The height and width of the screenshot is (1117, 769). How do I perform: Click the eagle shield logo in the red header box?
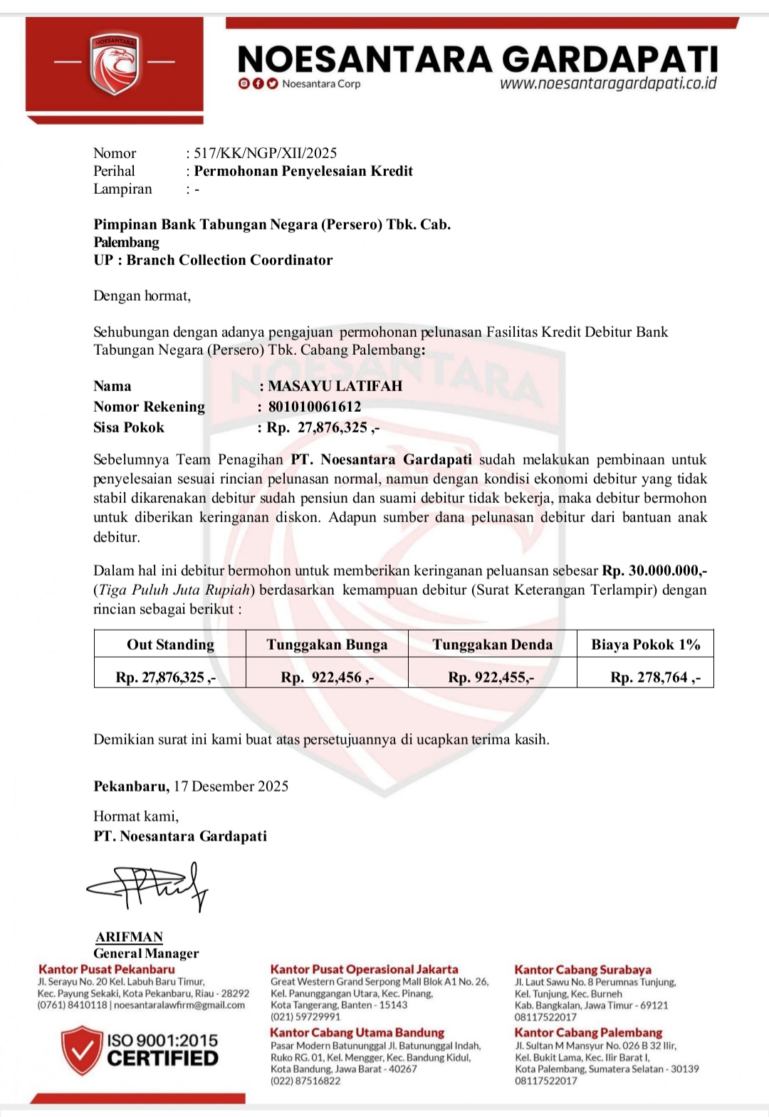point(114,64)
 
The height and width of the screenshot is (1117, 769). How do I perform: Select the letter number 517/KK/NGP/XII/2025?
point(266,152)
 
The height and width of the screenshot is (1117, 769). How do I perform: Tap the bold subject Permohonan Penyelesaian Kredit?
point(303,171)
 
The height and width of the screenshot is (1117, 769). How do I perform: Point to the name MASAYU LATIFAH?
point(335,386)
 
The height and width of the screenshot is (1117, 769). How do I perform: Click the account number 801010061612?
point(315,407)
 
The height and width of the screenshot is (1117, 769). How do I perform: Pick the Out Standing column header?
point(170,645)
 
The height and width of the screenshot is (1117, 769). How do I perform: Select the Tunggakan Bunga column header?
point(327,645)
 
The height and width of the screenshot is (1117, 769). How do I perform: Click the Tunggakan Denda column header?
point(492,645)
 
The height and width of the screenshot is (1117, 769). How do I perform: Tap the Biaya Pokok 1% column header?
point(645,645)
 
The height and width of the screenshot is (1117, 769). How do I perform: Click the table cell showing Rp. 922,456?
point(327,677)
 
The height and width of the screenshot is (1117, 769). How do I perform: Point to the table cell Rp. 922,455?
point(491,677)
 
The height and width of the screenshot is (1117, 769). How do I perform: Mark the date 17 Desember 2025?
point(231,786)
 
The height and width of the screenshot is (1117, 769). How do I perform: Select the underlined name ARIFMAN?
point(130,937)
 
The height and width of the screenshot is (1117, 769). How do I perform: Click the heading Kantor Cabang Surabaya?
point(582,970)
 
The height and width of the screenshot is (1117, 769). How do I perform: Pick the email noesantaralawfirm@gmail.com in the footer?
point(179,1005)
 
